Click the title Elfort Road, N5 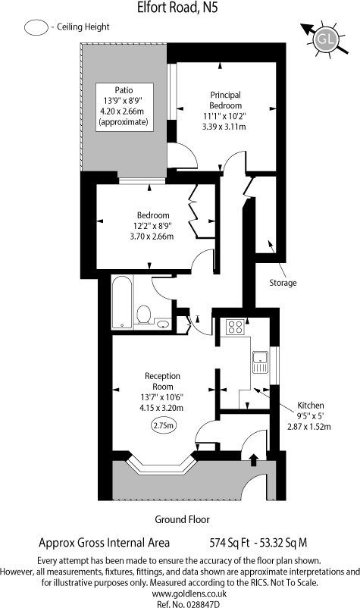180,9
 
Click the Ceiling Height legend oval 35,27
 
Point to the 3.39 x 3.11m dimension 226,127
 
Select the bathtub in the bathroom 121,301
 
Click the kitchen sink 260,362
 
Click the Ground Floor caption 181,520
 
